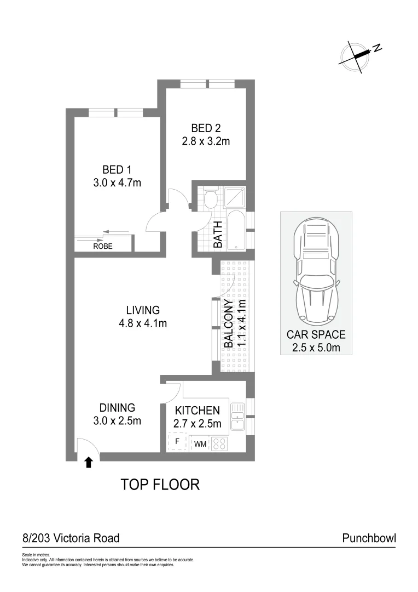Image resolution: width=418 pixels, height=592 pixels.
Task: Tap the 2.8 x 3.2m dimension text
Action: point(205,141)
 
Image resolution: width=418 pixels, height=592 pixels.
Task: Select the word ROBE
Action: point(102,247)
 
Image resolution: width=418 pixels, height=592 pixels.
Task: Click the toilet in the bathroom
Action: point(210,198)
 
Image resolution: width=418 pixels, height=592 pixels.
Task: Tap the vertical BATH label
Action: point(218,235)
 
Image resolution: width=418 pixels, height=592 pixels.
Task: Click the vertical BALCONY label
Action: point(228,325)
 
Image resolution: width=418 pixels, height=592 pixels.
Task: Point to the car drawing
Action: point(316,272)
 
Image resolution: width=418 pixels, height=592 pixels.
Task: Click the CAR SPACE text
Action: point(316,334)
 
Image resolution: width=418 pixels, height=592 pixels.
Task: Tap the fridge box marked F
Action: point(177,441)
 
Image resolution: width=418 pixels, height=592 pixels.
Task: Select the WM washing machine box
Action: point(200,444)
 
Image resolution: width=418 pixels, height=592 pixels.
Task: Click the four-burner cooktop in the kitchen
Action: point(219,443)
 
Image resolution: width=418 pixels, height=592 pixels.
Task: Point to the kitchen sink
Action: point(237,417)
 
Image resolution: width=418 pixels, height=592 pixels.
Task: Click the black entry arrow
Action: point(89,463)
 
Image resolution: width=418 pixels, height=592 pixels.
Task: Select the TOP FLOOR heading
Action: point(160,485)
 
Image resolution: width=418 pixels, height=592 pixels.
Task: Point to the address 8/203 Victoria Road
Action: point(71,538)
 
